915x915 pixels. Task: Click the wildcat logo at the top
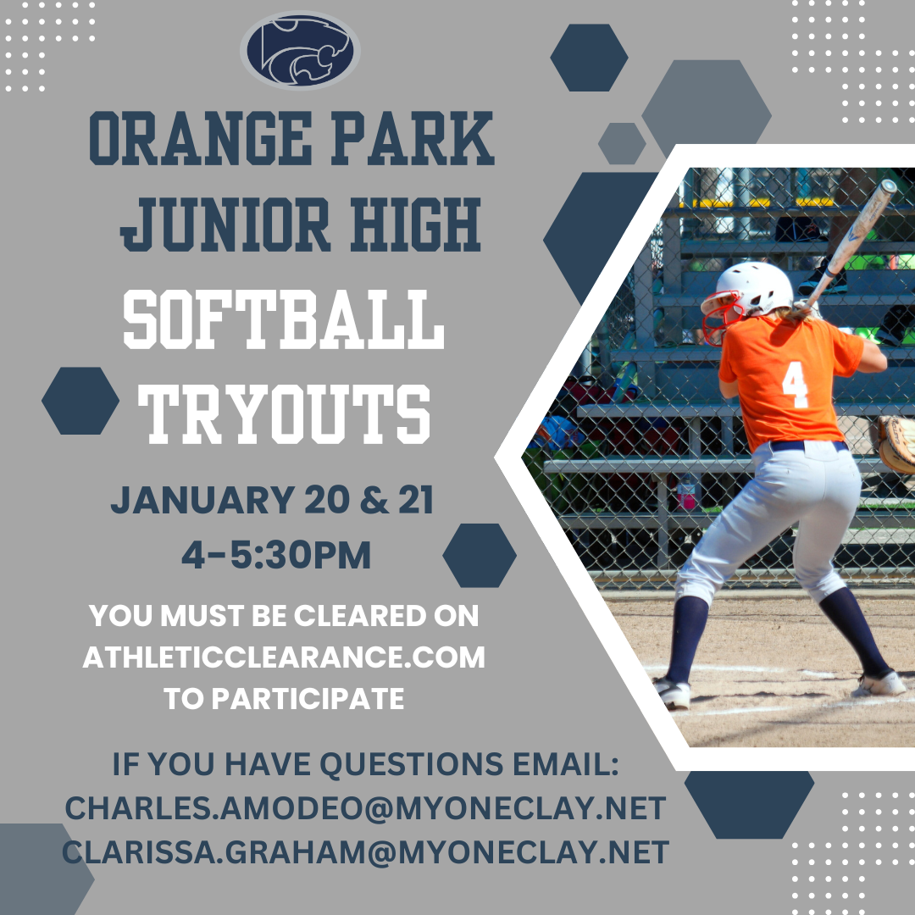(300, 50)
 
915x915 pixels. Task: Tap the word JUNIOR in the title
(225, 225)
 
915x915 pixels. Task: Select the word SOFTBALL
(284, 319)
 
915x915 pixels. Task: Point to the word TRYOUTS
(284, 414)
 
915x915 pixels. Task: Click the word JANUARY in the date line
(202, 500)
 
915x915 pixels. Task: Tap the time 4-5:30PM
(276, 554)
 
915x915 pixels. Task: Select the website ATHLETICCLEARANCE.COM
(284, 657)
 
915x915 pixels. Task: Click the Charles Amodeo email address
(365, 808)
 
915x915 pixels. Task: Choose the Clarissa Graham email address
(365, 852)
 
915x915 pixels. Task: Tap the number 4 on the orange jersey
(795, 385)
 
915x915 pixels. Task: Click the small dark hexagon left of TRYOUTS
(80, 401)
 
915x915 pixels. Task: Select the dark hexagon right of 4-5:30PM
(480, 556)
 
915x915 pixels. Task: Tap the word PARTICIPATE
(308, 698)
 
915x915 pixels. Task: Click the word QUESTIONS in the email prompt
(412, 764)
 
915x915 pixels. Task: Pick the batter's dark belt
(808, 446)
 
